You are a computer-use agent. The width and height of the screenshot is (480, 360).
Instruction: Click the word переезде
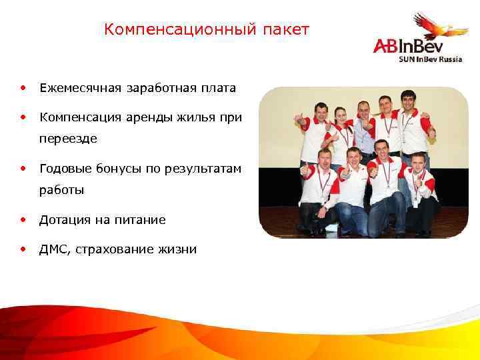68,139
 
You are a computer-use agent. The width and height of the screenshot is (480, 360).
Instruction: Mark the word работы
61,190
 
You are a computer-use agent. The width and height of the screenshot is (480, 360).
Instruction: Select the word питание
141,219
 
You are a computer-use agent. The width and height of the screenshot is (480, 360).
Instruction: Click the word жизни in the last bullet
177,249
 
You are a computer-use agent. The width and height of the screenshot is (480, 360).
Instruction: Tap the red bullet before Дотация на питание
23,219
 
